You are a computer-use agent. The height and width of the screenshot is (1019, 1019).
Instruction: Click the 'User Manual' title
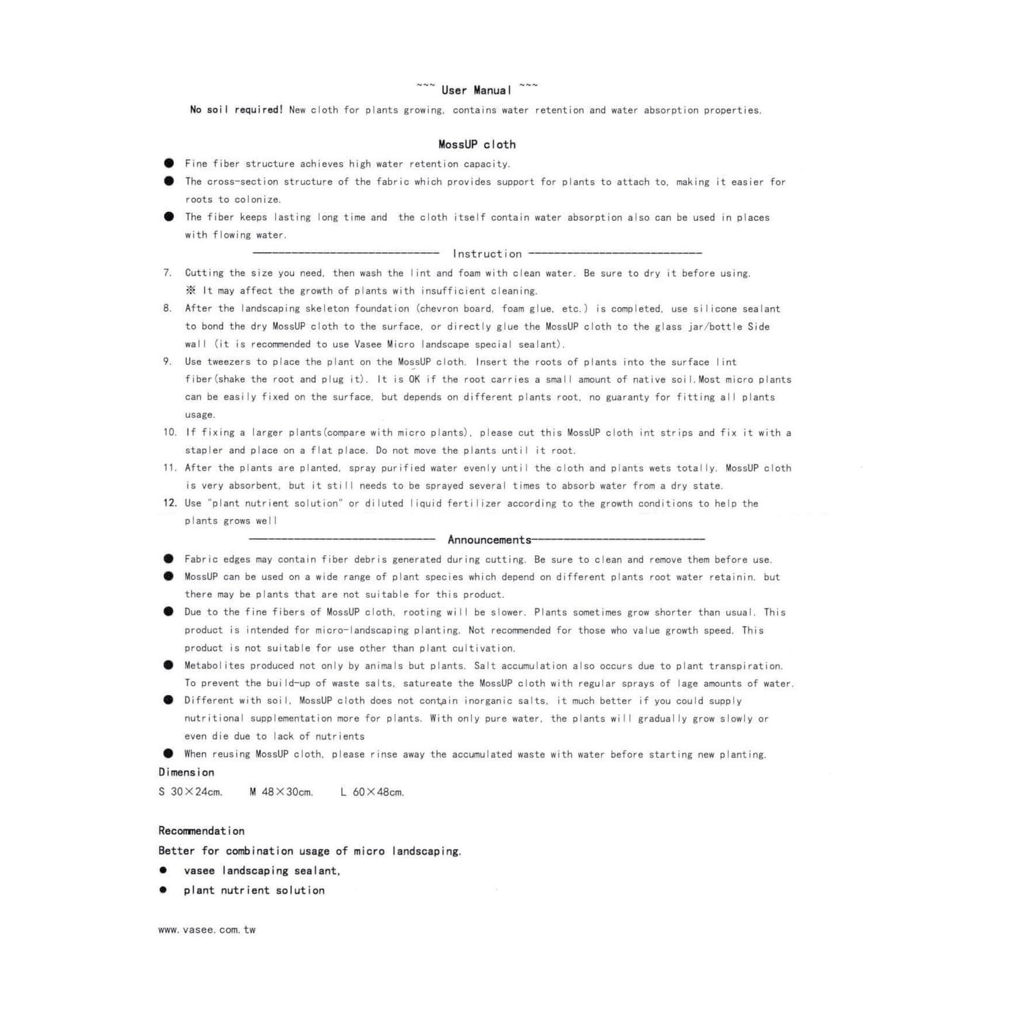coord(476,90)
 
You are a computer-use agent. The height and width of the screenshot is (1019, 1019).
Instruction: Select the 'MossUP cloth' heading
coord(477,145)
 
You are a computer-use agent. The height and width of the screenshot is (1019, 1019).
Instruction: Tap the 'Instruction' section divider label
coord(487,254)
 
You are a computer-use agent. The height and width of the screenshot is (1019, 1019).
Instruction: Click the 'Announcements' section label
coord(489,540)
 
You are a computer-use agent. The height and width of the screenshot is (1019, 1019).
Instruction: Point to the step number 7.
coord(167,273)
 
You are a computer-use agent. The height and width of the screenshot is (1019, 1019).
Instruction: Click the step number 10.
coord(169,432)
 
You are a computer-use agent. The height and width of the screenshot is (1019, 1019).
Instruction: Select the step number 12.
coord(170,503)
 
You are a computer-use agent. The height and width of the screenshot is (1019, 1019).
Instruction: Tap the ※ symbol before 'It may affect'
coord(191,291)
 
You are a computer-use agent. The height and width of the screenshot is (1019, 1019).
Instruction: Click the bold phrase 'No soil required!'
coord(236,110)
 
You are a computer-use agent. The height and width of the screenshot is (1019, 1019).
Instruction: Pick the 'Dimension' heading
coord(186,772)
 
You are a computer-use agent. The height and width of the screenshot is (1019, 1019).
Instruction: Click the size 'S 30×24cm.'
coord(190,792)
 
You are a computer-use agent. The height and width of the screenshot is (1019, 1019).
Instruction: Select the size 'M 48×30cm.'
coord(281,792)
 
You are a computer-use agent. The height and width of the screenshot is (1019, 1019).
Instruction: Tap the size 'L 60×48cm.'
coord(372,792)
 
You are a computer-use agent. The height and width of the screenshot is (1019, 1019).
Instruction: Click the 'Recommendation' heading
coord(201,831)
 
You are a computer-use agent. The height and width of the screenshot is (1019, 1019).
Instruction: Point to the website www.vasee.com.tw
coord(207,930)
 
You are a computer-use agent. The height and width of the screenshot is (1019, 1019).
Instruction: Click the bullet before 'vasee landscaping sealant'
coord(163,870)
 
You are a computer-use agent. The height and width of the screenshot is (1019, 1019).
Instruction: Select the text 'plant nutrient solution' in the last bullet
coord(254,891)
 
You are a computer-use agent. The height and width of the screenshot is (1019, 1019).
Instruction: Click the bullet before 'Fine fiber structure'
coord(168,163)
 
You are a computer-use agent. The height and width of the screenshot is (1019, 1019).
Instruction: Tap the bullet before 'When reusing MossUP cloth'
coord(168,753)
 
